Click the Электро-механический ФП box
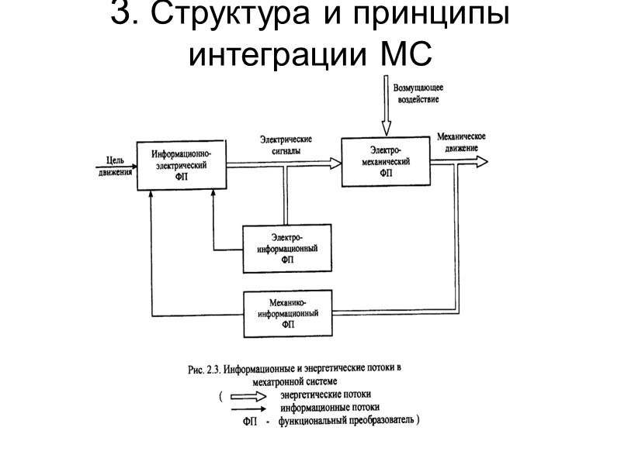click(x=386, y=160)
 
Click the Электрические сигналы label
click(x=286, y=146)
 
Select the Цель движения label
click(x=115, y=166)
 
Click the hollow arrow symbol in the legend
click(x=251, y=394)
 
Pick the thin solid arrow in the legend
click(x=251, y=407)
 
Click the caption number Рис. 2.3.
click(x=205, y=370)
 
